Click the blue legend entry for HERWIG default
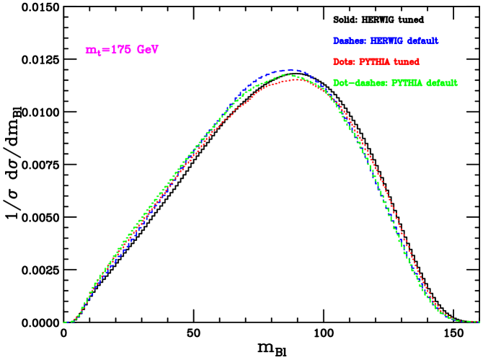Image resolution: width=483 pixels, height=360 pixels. tap(386, 41)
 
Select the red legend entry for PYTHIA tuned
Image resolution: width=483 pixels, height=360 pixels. tap(376, 62)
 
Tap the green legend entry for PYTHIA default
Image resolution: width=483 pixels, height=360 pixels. tap(395, 83)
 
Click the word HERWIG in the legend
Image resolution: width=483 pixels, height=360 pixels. tap(388, 41)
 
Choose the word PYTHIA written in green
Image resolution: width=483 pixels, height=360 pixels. tap(407, 83)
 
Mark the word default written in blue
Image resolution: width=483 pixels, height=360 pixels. tap(424, 41)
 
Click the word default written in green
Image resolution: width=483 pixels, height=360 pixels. tap(441, 83)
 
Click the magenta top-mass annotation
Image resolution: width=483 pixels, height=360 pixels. tap(122, 50)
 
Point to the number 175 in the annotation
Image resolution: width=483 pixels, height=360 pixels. tap(122, 50)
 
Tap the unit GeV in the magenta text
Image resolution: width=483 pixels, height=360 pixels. tap(148, 50)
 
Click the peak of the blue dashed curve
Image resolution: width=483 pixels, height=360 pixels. tap(288, 70)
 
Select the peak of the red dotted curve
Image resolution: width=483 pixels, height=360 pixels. tap(298, 79)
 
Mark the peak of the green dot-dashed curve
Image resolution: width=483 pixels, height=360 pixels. tap(288, 74)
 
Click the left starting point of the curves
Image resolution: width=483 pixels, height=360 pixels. tap(64, 322)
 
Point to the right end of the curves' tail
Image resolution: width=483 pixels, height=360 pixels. tap(478, 322)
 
